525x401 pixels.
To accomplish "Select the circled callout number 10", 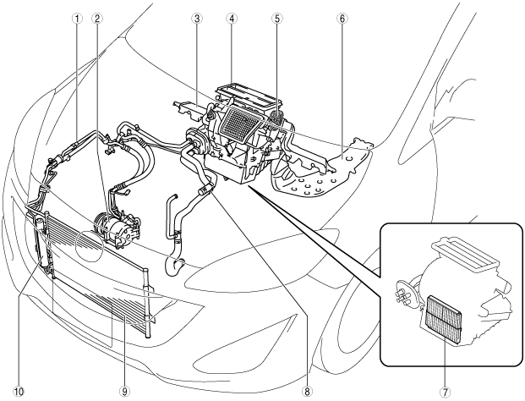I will click(x=17, y=391).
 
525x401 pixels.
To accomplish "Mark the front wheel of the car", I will click(x=359, y=321).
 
